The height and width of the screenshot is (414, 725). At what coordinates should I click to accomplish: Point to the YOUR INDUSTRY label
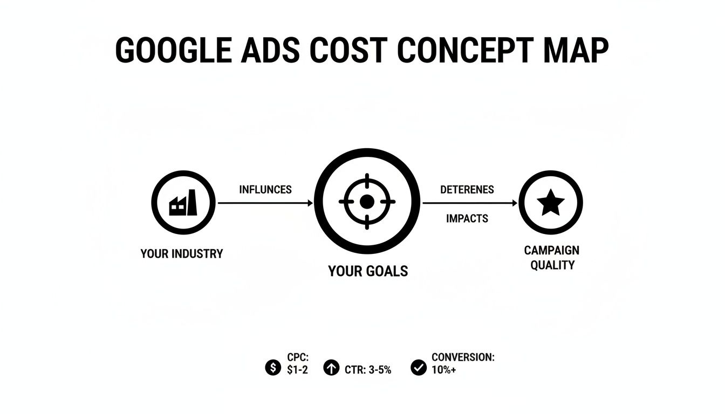[x=181, y=253]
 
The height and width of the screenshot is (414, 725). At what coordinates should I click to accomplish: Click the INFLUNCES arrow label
[x=265, y=190]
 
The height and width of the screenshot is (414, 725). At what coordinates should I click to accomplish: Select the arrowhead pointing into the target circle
[x=310, y=203]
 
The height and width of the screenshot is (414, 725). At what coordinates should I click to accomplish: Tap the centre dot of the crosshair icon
[x=367, y=202]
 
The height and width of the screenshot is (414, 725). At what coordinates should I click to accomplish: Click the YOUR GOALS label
[x=368, y=271]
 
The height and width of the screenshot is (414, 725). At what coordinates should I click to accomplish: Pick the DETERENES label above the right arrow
[x=467, y=190]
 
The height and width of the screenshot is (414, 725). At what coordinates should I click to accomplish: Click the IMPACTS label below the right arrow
[x=467, y=218]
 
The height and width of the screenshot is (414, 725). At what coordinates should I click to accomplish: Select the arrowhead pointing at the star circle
[x=515, y=203]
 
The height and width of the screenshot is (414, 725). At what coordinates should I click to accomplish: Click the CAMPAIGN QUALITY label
[x=552, y=258]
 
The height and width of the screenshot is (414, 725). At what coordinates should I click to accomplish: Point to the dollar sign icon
[x=273, y=368]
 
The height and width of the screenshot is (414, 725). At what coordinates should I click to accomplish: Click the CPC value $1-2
[x=298, y=370]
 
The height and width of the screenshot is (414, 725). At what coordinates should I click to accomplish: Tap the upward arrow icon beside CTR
[x=331, y=368]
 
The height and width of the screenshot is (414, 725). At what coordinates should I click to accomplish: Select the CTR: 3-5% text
[x=367, y=370]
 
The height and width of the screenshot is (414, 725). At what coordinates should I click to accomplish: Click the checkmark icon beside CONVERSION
[x=418, y=368]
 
